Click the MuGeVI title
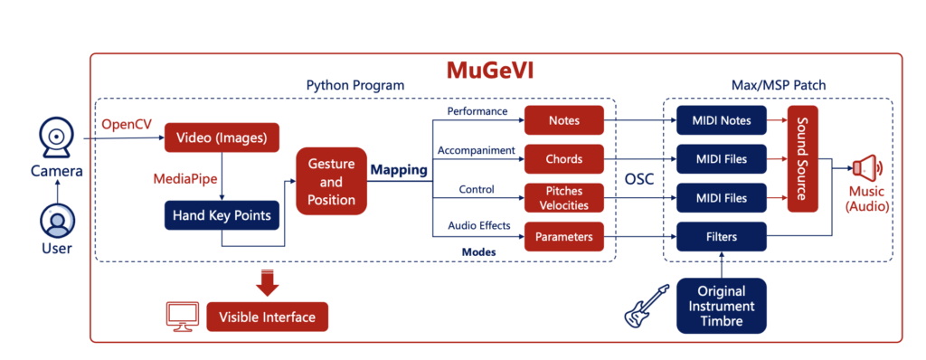pyautogui.click(x=491, y=70)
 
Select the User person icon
pyautogui.click(x=57, y=222)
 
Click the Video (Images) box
pyautogui.click(x=221, y=137)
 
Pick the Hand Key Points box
pyautogui.click(x=222, y=216)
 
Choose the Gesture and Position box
pyautogui.click(x=331, y=181)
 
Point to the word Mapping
pyautogui.click(x=399, y=170)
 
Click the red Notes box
pyautogui.click(x=564, y=120)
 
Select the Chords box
pyautogui.click(x=564, y=159)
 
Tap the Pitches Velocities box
pyautogui.click(x=564, y=198)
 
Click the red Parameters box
pyautogui.click(x=564, y=236)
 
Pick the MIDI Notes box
pyautogui.click(x=721, y=120)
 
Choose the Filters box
pyautogui.click(x=721, y=236)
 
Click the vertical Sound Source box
pyautogui.click(x=803, y=159)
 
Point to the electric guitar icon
pyautogui.click(x=647, y=306)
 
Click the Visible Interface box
pyautogui.click(x=267, y=317)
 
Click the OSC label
pyautogui.click(x=639, y=179)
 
